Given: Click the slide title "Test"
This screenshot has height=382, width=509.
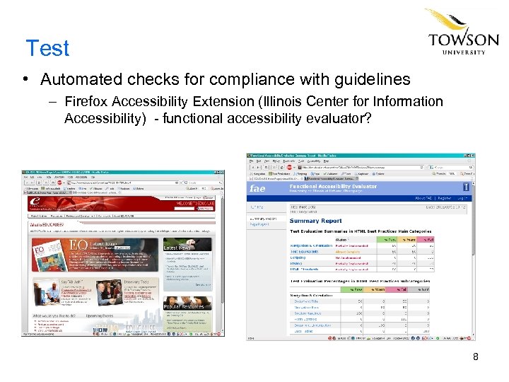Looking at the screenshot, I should point(47,48).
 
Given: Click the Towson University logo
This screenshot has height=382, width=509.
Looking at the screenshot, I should point(463,33).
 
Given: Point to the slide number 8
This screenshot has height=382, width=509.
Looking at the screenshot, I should point(476,357).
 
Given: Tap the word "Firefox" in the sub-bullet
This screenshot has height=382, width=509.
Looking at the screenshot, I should point(88,102).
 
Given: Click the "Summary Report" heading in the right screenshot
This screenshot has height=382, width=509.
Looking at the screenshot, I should point(315,221).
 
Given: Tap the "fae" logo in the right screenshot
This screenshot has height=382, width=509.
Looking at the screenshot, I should point(257,188).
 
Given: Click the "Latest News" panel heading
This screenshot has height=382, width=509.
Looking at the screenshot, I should point(177,248).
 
